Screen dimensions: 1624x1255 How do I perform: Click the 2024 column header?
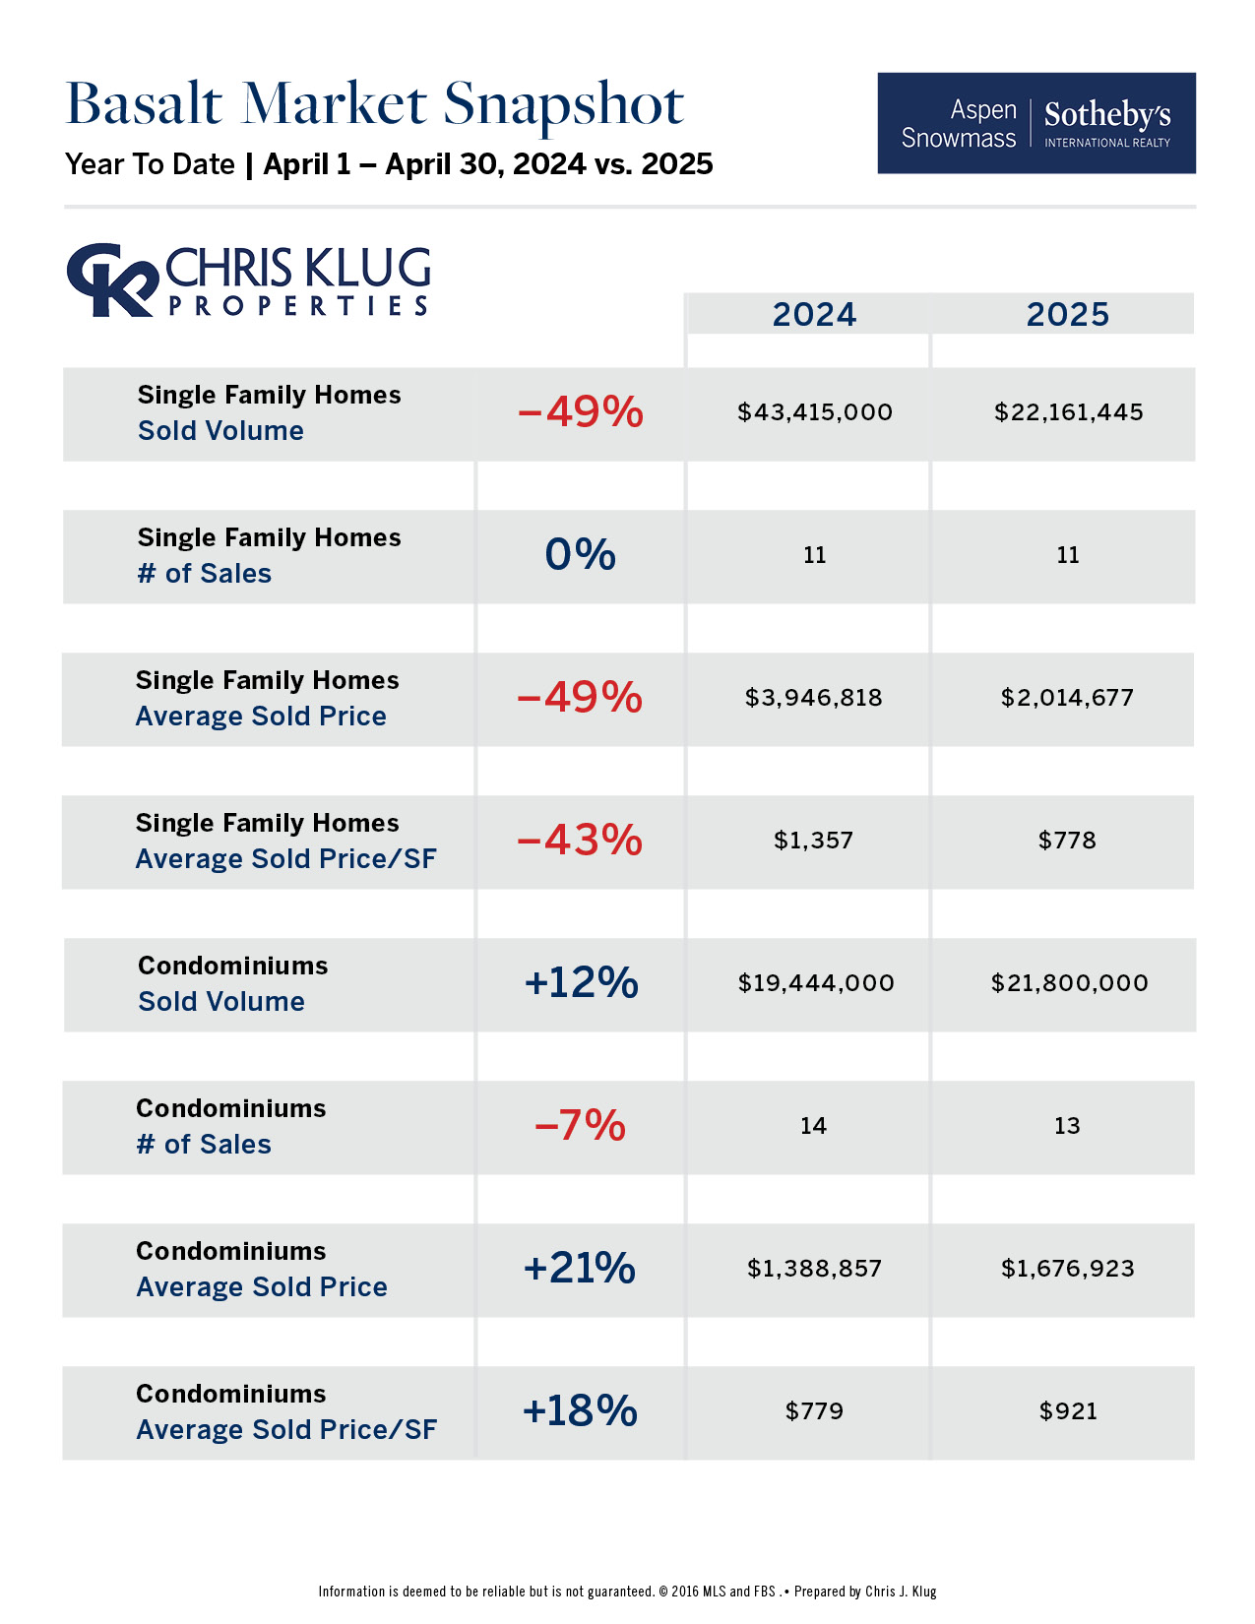[814, 314]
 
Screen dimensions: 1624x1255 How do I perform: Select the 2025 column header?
[1067, 314]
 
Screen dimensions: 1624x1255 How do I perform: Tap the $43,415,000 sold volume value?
[815, 412]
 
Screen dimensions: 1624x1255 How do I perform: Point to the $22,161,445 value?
[1068, 412]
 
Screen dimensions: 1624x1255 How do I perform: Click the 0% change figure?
[580, 555]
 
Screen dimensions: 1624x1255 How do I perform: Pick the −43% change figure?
[580, 841]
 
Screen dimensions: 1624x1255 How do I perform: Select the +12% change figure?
[581, 983]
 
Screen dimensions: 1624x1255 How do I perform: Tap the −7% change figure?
[580, 1126]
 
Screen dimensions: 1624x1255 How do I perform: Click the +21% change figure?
[580, 1269]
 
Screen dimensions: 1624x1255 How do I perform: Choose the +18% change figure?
[580, 1411]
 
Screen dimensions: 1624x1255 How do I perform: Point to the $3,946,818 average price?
[813, 698]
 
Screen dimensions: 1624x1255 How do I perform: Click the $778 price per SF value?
[1067, 841]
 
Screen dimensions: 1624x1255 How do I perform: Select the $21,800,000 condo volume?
[1069, 983]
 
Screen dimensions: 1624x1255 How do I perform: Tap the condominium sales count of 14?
[813, 1126]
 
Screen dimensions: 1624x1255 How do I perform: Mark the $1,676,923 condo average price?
[1068, 1269]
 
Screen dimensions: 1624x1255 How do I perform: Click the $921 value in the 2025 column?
[1068, 1411]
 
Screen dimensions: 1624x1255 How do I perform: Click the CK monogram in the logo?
[110, 281]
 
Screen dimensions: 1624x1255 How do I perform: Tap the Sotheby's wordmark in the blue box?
[1107, 116]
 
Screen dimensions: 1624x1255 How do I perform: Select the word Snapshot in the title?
[563, 104]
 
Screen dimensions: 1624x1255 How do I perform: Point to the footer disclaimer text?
[627, 1592]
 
